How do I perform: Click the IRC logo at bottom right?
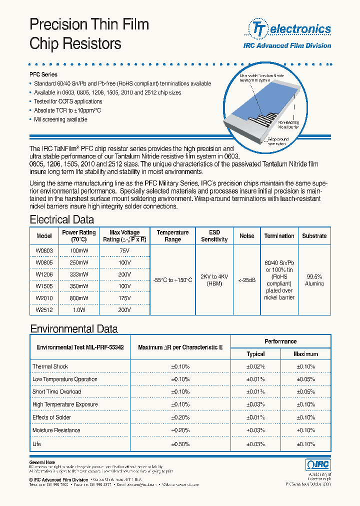(x=318, y=465)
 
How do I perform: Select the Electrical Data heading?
(x=61, y=219)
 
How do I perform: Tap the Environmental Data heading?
(x=74, y=329)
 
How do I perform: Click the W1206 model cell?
(x=44, y=274)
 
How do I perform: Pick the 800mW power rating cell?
(x=78, y=298)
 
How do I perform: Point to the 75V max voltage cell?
(x=124, y=250)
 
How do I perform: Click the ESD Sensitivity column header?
(x=214, y=236)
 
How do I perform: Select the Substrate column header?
(x=314, y=236)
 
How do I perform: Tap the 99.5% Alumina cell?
(x=314, y=280)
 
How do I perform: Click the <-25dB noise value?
(x=246, y=280)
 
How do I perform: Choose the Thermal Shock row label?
(x=50, y=366)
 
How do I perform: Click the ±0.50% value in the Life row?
(x=180, y=444)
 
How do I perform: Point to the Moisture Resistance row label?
(x=56, y=430)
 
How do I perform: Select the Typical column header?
(x=255, y=354)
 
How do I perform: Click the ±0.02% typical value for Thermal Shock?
(x=255, y=366)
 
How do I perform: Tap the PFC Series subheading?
(x=43, y=74)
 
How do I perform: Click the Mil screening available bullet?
(x=60, y=119)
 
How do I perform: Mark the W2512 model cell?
(x=44, y=310)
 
